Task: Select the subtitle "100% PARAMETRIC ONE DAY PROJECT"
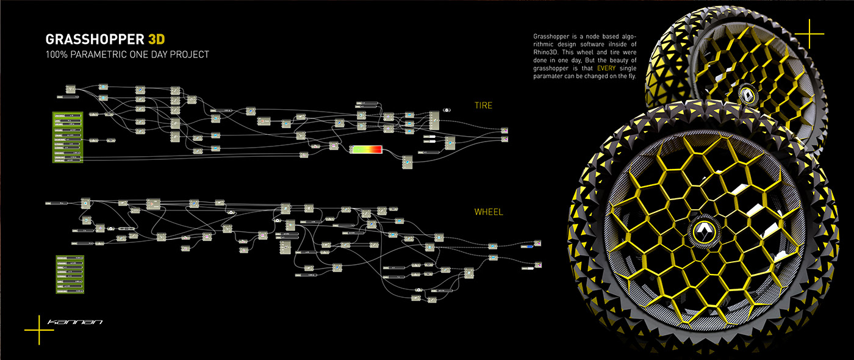point(127,54)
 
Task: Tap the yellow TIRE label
point(483,106)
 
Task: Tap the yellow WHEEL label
point(488,212)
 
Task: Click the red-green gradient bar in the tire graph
point(365,149)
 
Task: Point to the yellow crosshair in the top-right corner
point(809,34)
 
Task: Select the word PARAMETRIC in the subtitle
point(103,54)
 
